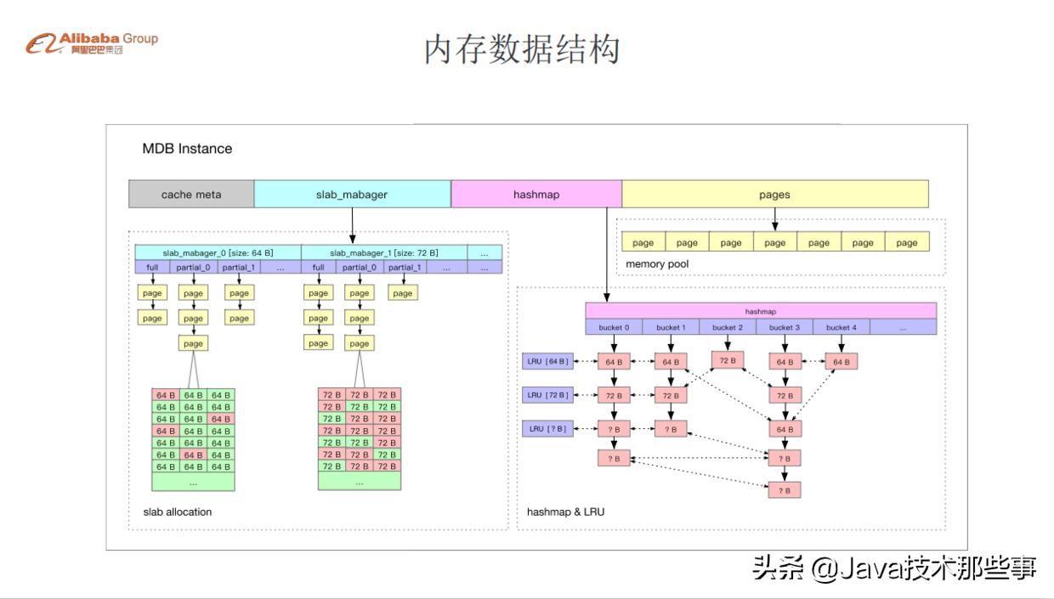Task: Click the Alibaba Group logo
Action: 92,43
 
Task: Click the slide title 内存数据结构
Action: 522,50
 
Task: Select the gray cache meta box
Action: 191,195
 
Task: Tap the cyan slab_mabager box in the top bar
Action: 352,195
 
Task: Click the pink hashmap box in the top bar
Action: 536,195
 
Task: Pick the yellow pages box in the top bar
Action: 774,195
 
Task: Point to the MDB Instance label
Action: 187,149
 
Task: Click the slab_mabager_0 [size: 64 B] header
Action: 218,252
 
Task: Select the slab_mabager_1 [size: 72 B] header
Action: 384,252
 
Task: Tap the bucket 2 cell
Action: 728,327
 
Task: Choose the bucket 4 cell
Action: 841,327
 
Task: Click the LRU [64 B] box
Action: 547,362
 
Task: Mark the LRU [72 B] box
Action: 547,395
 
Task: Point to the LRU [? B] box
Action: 547,429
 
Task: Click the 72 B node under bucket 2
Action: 728,360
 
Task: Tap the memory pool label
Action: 657,264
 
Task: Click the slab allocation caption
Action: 178,511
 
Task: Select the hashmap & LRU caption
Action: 565,511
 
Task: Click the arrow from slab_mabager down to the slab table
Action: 352,225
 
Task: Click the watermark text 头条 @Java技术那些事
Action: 894,568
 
